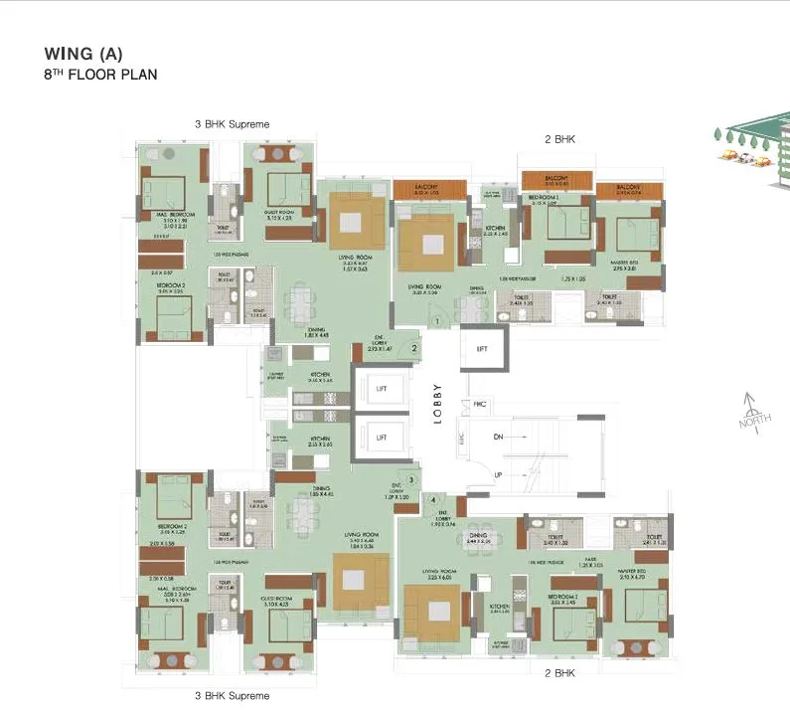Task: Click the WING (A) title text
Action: (83, 54)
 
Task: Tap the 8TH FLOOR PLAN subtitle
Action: (99, 75)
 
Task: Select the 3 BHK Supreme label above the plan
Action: (232, 124)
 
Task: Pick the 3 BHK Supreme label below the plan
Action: (232, 696)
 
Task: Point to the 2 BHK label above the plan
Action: (559, 140)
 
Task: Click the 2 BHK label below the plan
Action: (560, 673)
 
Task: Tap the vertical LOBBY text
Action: (438, 404)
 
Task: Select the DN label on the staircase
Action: (500, 437)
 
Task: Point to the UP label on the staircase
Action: (500, 475)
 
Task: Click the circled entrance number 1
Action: (436, 321)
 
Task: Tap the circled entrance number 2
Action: (413, 348)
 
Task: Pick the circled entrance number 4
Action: (433, 499)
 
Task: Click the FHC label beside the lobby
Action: (479, 404)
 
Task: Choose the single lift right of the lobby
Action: (482, 349)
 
